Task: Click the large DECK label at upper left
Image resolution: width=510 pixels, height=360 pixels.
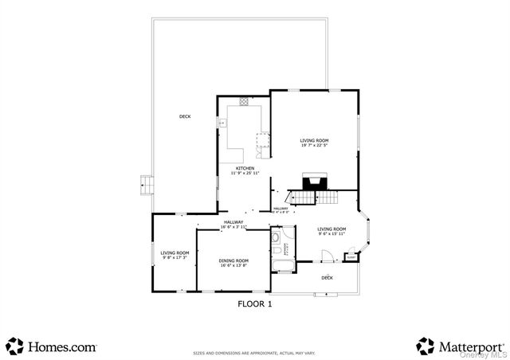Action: [x=185, y=117]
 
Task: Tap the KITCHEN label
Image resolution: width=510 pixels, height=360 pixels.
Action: [x=245, y=169]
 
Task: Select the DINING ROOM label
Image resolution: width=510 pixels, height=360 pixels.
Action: [x=233, y=260]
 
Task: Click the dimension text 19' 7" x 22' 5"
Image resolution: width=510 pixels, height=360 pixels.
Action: [x=314, y=145]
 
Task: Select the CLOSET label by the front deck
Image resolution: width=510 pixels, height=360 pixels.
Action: [x=351, y=257]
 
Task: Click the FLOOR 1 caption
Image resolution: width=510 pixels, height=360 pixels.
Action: [x=255, y=303]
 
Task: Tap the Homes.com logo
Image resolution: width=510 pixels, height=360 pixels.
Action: [x=51, y=346]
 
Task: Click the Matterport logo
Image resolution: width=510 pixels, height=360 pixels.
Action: [x=460, y=346]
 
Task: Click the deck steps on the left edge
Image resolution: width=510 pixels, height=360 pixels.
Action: [x=145, y=185]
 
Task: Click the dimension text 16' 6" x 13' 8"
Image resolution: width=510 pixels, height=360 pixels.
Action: [x=233, y=265]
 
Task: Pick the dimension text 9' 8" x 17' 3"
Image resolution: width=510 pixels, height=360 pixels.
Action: [x=173, y=257]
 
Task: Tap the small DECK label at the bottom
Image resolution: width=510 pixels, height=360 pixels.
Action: [x=327, y=278]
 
